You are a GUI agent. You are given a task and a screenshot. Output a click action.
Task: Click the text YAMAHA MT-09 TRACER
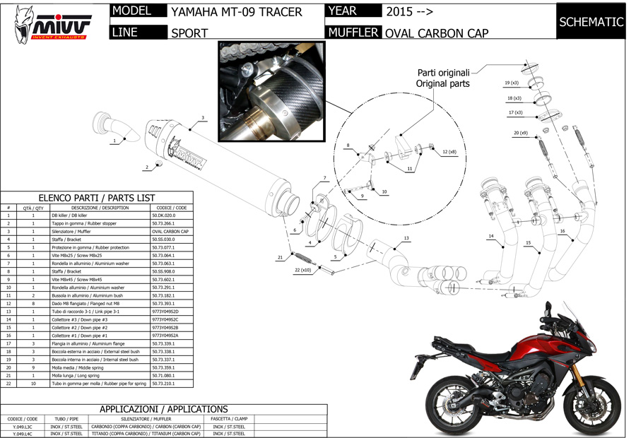[237, 12]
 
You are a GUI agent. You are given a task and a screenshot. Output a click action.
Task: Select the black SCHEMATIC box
[591, 22]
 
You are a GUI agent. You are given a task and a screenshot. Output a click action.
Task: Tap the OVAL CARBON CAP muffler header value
[437, 32]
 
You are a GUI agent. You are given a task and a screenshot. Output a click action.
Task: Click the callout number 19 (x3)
[512, 83]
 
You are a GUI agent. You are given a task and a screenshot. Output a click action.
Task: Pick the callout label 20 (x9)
[521, 133]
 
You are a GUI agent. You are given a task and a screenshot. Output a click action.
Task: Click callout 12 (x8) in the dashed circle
[449, 152]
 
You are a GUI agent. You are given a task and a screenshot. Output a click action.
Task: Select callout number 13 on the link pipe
[406, 238]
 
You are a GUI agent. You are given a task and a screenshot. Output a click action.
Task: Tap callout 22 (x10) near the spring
[303, 271]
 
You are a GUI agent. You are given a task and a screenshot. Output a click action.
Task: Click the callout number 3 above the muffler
[203, 118]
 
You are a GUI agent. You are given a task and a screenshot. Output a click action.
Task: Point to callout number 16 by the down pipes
[563, 231]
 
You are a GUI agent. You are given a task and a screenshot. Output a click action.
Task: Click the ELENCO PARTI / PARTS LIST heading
[96, 198]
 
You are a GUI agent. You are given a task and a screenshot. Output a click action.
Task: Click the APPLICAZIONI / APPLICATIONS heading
[163, 409]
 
